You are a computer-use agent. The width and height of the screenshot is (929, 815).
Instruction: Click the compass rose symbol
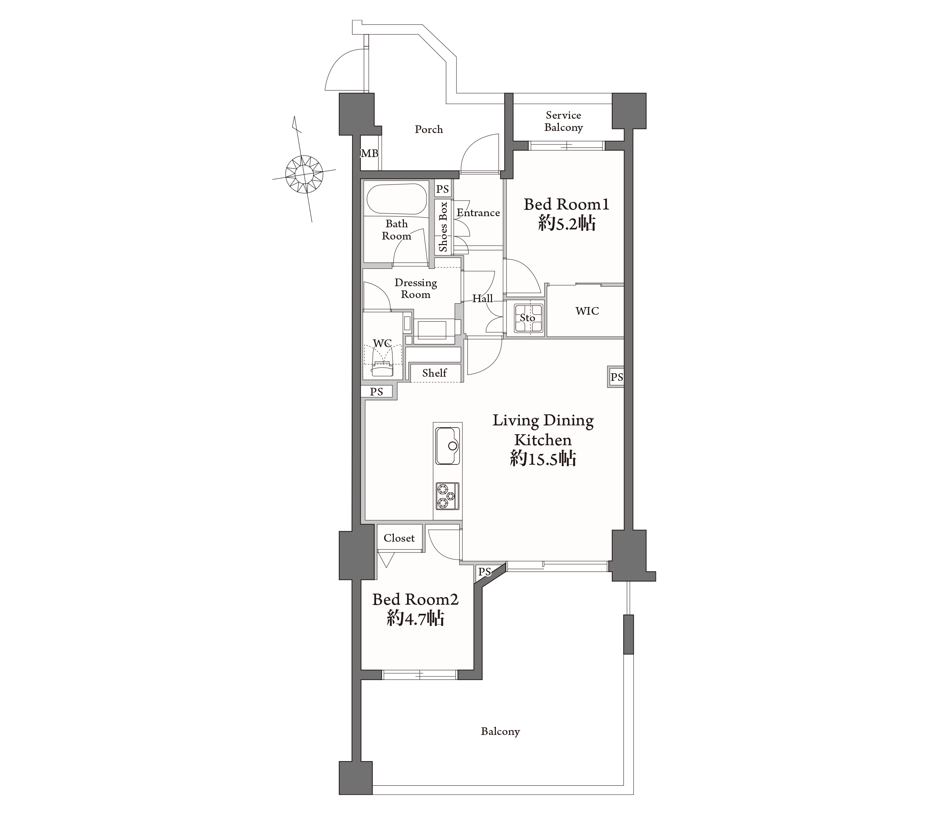(x=304, y=174)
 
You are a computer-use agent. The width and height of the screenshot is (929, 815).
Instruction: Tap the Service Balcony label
(x=564, y=122)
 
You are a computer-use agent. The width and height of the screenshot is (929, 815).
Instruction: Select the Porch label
(x=429, y=130)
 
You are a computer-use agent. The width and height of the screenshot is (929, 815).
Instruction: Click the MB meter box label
(x=369, y=154)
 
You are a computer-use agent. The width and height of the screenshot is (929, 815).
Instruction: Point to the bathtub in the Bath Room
(x=397, y=199)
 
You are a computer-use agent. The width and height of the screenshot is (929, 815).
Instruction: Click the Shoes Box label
(x=443, y=227)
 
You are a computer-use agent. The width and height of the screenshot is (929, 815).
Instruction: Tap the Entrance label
(x=478, y=213)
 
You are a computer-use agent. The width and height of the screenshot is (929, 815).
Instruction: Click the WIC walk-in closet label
(x=587, y=311)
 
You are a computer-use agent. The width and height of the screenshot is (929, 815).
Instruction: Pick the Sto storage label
(x=528, y=318)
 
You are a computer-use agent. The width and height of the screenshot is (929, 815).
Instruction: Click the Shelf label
(x=435, y=373)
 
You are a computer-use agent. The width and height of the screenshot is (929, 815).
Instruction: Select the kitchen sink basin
(x=448, y=446)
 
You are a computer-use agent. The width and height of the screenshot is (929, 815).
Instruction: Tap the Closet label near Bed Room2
(x=399, y=538)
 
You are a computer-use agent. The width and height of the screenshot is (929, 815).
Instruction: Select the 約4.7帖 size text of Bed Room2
(x=415, y=619)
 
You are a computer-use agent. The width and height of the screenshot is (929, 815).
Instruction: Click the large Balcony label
(x=500, y=731)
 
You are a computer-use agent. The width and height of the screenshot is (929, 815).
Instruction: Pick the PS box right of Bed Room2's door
(x=484, y=572)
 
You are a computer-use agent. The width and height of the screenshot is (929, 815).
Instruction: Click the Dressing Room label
(x=415, y=289)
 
